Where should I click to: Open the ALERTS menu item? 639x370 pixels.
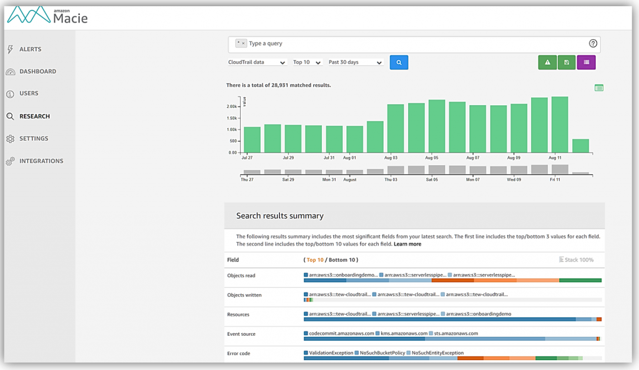[30, 49]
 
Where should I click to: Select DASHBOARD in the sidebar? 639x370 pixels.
[37, 72]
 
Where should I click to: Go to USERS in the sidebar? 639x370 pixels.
[29, 93]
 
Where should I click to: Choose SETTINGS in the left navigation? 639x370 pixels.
[33, 138]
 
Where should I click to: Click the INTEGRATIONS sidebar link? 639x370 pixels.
[41, 161]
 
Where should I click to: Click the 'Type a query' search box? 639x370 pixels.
[412, 44]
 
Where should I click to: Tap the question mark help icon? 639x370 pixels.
[593, 44]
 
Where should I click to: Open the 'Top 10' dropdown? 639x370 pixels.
[307, 62]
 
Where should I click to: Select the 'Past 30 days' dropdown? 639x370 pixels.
[355, 62]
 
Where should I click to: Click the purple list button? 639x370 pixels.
[587, 62]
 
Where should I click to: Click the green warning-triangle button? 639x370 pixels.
[547, 62]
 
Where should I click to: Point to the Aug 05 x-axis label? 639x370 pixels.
[432, 158]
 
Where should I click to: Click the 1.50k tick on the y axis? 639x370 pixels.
[232, 118]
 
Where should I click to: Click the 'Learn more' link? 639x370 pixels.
[407, 244]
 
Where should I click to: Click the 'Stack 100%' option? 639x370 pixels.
[577, 260]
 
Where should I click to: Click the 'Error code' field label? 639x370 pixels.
[239, 353]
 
